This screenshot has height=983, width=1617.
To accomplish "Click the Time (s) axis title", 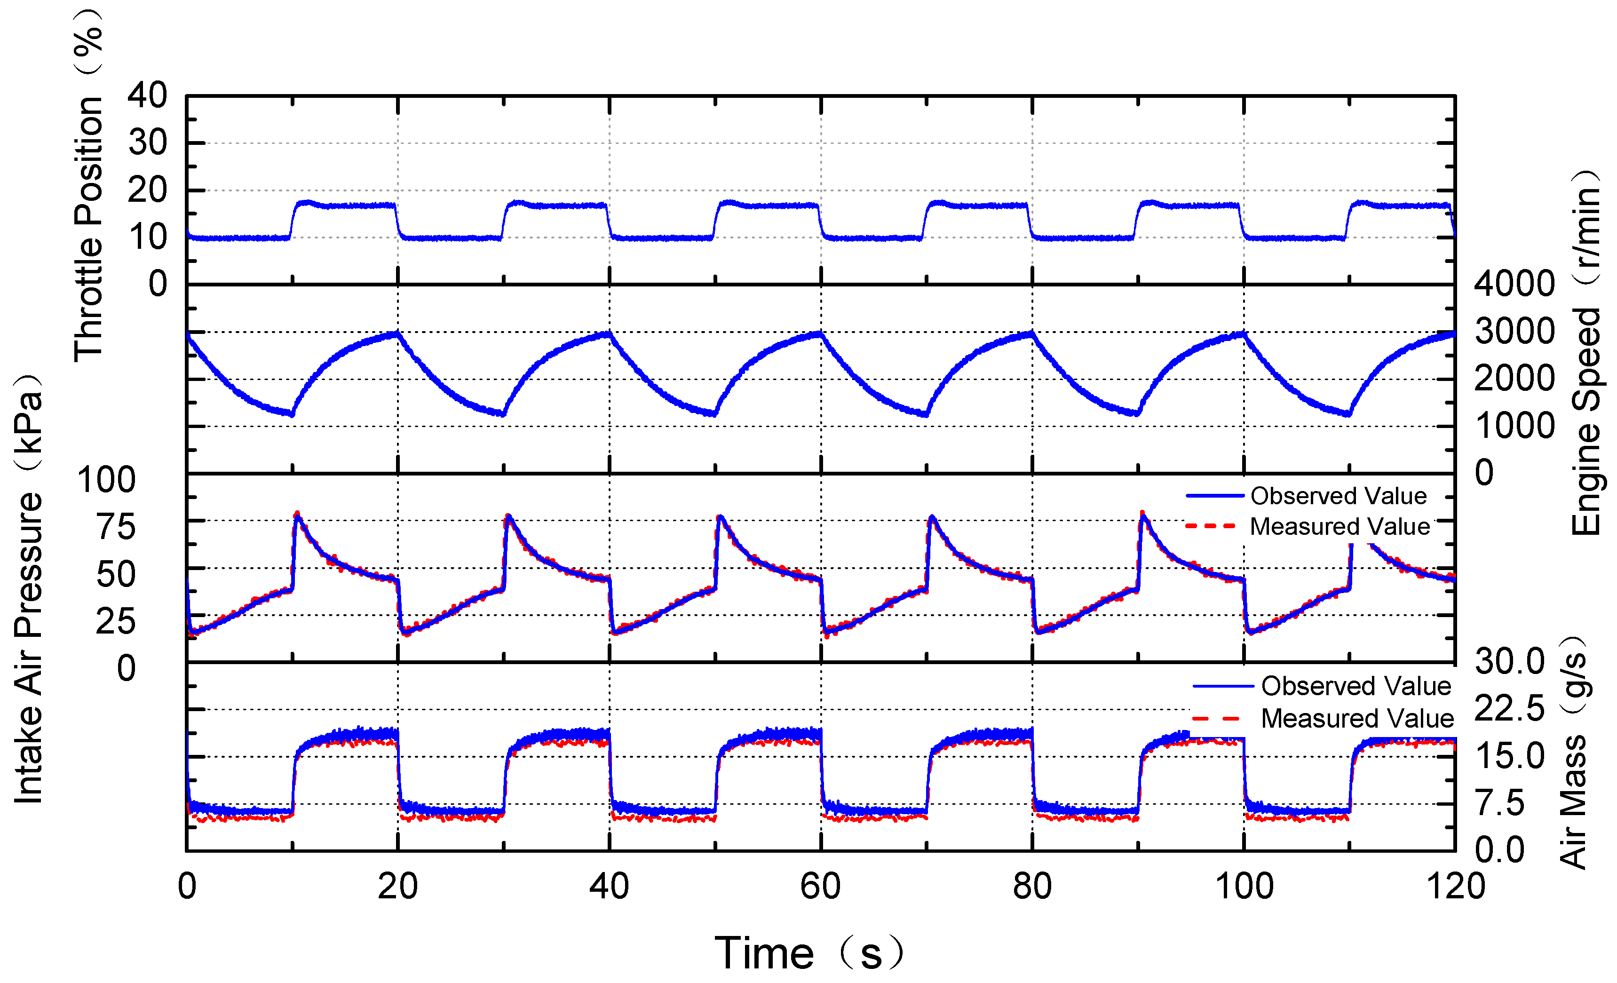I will pyautogui.click(x=808, y=953).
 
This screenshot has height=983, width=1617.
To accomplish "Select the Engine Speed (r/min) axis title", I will pyautogui.click(x=1587, y=354).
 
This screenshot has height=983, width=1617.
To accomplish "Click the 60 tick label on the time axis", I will pyautogui.click(x=820, y=887).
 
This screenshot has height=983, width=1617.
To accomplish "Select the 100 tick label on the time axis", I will pyautogui.click(x=1244, y=887).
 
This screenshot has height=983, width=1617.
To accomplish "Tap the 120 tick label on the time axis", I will pyautogui.click(x=1456, y=887).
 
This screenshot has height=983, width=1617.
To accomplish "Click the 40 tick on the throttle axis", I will pyautogui.click(x=147, y=96).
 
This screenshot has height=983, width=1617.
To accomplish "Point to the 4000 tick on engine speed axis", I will pyautogui.click(x=1514, y=284).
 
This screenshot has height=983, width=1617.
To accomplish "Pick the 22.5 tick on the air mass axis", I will pyautogui.click(x=1509, y=709).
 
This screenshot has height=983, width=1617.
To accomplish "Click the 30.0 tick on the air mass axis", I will pyautogui.click(x=1509, y=661).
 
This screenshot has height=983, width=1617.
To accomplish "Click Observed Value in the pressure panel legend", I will pyautogui.click(x=1338, y=496).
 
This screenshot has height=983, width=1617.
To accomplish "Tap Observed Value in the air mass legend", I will pyautogui.click(x=1356, y=686).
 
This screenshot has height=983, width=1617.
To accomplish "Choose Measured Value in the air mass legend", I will pyautogui.click(x=1357, y=719).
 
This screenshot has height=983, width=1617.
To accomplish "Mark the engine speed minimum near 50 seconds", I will pyautogui.click(x=714, y=414).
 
